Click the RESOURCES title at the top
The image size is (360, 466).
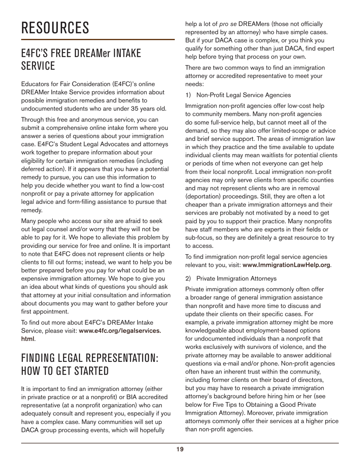pyautogui.click(x=55, y=28)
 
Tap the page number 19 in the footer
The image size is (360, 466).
pyautogui.click(x=180, y=449)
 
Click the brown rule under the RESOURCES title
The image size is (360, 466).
pyautogui.click(x=98, y=39)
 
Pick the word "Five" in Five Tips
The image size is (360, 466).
pyautogui.click(x=218, y=404)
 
